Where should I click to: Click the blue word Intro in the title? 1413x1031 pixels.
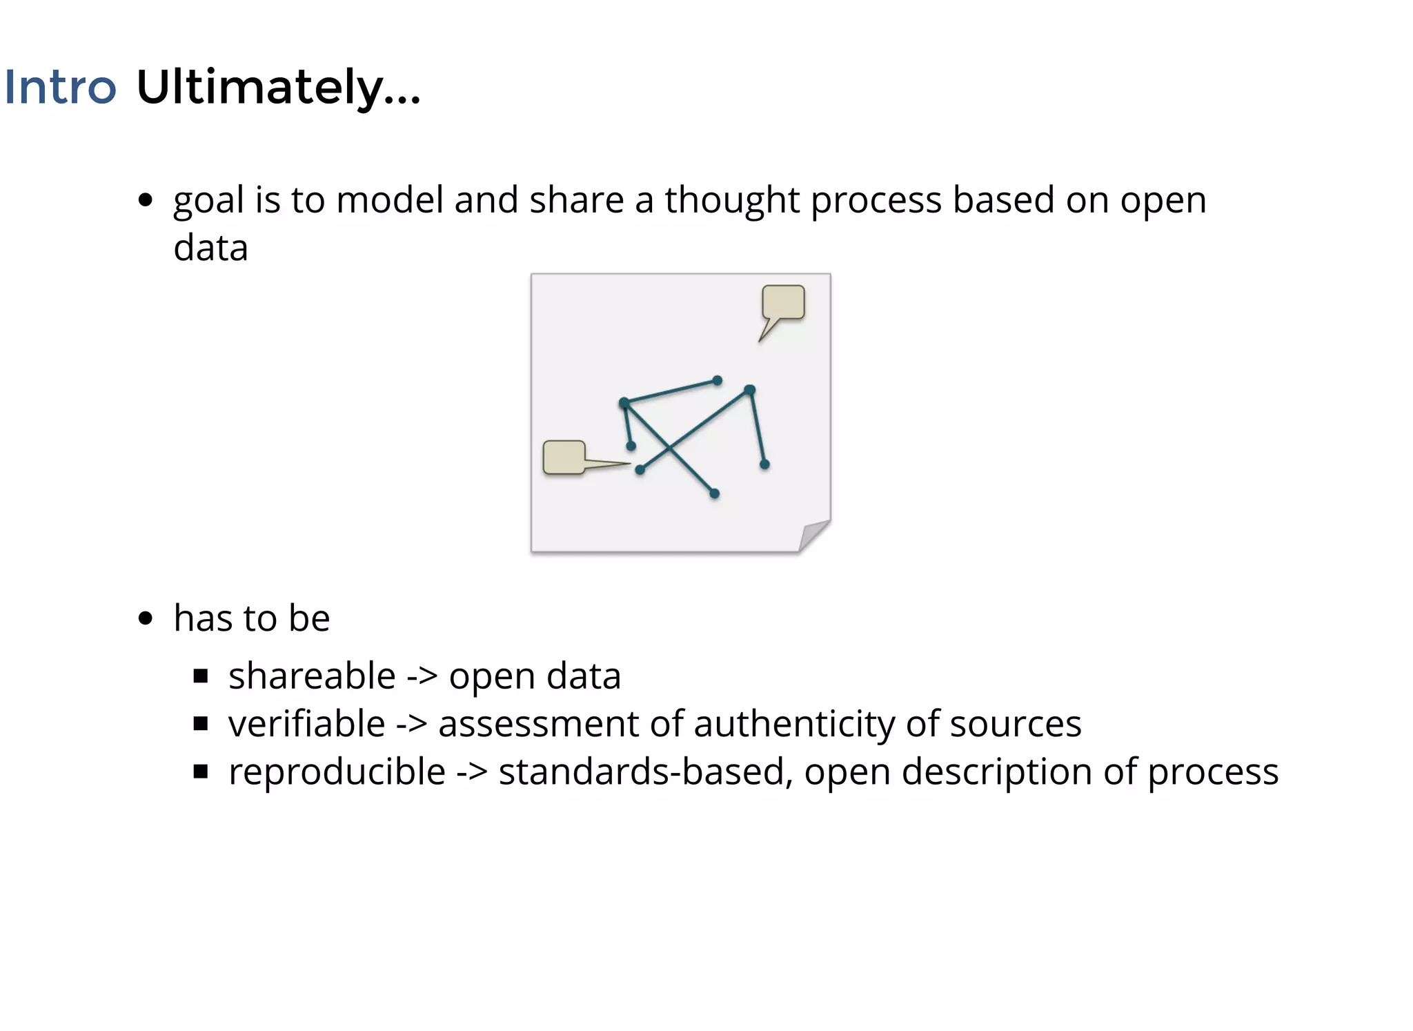60,88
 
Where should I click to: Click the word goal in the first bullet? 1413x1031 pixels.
208,202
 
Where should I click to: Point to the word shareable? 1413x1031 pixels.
312,676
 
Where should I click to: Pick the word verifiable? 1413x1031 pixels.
306,724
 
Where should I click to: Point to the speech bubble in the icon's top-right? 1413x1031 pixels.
782,304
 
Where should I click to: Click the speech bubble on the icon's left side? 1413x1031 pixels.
564,457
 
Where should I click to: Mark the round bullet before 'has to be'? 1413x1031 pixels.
145,618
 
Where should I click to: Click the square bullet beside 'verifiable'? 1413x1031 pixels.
201,724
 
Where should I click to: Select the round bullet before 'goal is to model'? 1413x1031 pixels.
145,200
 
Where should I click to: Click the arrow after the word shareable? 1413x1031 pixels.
422,677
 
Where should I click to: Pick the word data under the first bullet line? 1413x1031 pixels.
210,248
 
